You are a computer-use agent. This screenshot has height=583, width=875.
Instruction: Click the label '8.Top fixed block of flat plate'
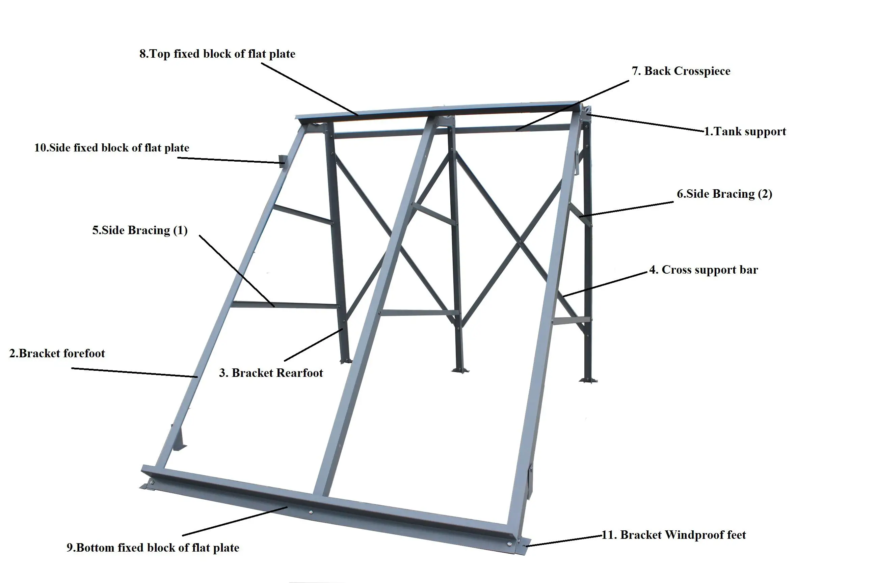click(x=217, y=54)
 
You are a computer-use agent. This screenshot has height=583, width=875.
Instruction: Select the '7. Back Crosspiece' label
click(x=681, y=71)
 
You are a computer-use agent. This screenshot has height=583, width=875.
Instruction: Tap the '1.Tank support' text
click(x=745, y=131)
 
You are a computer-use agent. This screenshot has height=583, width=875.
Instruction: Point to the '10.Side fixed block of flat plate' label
click(x=112, y=148)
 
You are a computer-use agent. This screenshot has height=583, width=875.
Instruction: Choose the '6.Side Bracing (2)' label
click(x=724, y=194)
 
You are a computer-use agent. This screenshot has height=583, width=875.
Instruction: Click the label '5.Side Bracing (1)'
click(x=140, y=230)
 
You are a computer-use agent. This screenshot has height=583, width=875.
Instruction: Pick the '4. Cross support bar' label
click(x=704, y=270)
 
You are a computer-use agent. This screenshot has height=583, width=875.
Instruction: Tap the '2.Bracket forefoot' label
click(x=57, y=353)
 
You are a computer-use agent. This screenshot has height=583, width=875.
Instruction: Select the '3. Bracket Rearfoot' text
click(x=271, y=373)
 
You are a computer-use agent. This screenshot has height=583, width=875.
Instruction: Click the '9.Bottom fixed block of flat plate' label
click(x=153, y=548)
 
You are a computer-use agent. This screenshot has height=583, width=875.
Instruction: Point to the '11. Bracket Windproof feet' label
click(x=674, y=535)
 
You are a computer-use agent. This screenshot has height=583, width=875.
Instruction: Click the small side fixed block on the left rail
click(x=282, y=161)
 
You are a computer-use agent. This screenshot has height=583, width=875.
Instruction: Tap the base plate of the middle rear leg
click(x=460, y=370)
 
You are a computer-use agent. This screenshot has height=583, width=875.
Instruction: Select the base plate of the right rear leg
click(x=588, y=380)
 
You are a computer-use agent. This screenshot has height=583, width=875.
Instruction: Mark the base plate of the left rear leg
click(x=346, y=361)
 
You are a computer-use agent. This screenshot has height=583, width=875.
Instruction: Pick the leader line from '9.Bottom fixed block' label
click(x=234, y=521)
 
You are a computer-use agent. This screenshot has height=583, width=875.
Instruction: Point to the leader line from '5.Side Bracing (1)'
click(x=237, y=271)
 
